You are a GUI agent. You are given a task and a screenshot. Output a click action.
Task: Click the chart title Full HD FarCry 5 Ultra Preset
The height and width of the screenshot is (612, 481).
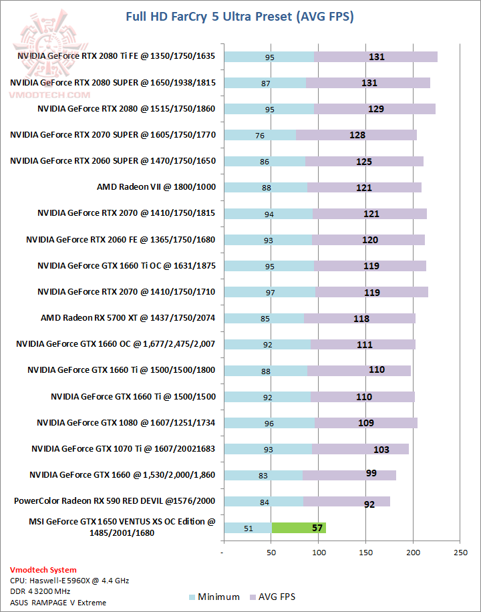point(240,16)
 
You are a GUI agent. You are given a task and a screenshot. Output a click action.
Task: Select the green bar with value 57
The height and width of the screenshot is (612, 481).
point(299,528)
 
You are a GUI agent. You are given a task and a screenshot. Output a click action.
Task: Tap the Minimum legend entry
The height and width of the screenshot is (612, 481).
point(214,597)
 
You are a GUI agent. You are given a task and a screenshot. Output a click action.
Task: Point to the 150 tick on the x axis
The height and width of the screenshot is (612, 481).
point(366,553)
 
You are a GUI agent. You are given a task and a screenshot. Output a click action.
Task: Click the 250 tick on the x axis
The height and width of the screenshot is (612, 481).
point(460,553)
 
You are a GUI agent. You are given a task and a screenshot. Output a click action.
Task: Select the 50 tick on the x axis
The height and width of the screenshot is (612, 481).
point(271,553)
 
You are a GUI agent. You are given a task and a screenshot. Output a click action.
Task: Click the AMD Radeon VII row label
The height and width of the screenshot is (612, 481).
point(156,187)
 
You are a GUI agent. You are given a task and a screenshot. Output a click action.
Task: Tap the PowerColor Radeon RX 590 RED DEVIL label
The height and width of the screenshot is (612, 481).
point(115,500)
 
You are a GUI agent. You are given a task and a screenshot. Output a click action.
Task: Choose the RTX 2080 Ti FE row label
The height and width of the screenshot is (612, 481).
point(118,56)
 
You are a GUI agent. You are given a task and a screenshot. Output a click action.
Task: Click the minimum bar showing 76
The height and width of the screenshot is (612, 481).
point(260,135)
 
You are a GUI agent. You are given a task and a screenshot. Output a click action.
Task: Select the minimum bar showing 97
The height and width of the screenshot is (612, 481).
point(270,292)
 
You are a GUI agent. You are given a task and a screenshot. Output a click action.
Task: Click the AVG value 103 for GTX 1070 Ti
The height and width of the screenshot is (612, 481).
point(381,449)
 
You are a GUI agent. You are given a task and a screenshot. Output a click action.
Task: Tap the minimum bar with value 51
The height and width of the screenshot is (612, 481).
point(248,528)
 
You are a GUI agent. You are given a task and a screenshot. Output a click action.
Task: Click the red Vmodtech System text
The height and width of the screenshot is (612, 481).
point(39,570)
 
